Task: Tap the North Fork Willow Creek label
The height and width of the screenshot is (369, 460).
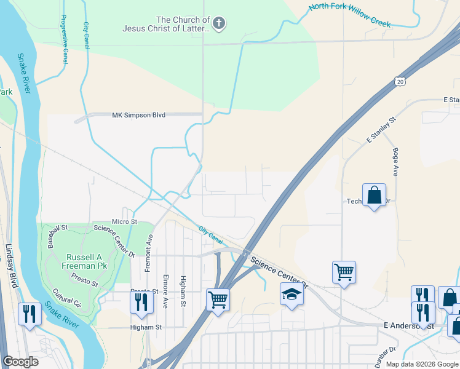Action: tap(349, 14)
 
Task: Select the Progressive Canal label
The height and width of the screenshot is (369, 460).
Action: tap(64, 39)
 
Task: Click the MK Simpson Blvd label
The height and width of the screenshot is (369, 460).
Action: tap(139, 115)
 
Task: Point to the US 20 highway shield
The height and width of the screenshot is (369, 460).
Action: tap(400, 81)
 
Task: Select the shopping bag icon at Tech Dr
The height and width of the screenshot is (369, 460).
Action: tap(374, 196)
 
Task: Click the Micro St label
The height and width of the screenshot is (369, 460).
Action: tap(124, 221)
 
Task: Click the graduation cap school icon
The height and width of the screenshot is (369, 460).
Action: tap(292, 295)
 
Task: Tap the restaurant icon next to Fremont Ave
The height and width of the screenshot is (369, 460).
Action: tap(141, 301)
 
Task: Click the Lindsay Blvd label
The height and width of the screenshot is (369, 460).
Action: tap(10, 266)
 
